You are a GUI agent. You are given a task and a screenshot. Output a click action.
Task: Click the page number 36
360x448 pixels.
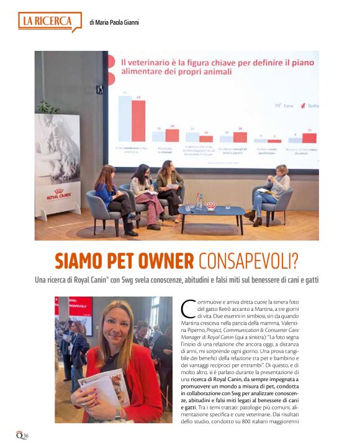pyautogui.click(x=25, y=435)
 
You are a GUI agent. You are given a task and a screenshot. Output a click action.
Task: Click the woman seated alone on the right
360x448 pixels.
pyautogui.click(x=271, y=192)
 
